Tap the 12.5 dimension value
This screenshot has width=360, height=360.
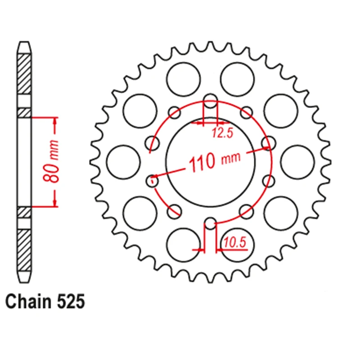(222, 133)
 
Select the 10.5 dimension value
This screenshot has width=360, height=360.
(234, 243)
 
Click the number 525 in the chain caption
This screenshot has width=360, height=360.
(71, 301)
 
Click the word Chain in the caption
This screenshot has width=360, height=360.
(29, 301)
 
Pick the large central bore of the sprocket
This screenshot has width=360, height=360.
(210, 162)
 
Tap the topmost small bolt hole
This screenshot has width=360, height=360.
(210, 100)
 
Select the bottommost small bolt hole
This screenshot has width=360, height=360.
(210, 223)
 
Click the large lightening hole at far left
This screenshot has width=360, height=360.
(123, 162)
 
